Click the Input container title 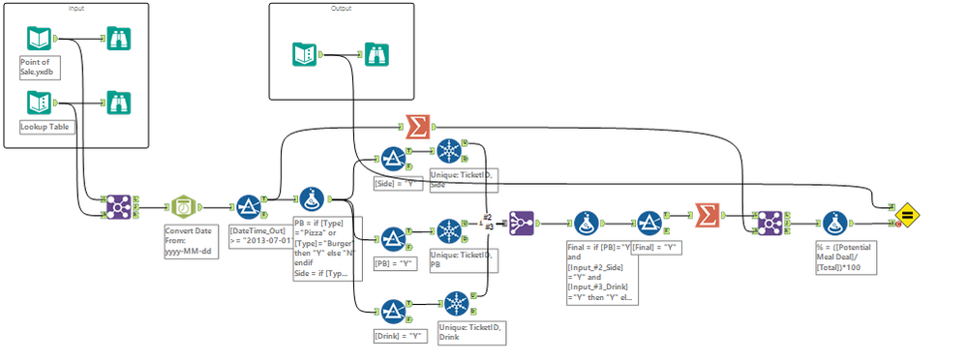pyautogui.click(x=76, y=9)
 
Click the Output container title pyautogui.click(x=340, y=9)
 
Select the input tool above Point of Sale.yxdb pyautogui.click(x=40, y=40)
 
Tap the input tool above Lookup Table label pyautogui.click(x=40, y=103)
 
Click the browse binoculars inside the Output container pyautogui.click(x=377, y=54)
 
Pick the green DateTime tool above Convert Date pyautogui.click(x=183, y=206)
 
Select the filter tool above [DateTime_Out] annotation pyautogui.click(x=247, y=206)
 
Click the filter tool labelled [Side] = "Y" pyautogui.click(x=393, y=159)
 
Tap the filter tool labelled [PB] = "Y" pyautogui.click(x=393, y=237)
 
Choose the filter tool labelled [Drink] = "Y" pyautogui.click(x=393, y=310)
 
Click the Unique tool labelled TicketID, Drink pyautogui.click(x=459, y=303)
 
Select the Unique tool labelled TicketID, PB pyautogui.click(x=449, y=232)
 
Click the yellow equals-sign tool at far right pyautogui.click(x=907, y=214)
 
